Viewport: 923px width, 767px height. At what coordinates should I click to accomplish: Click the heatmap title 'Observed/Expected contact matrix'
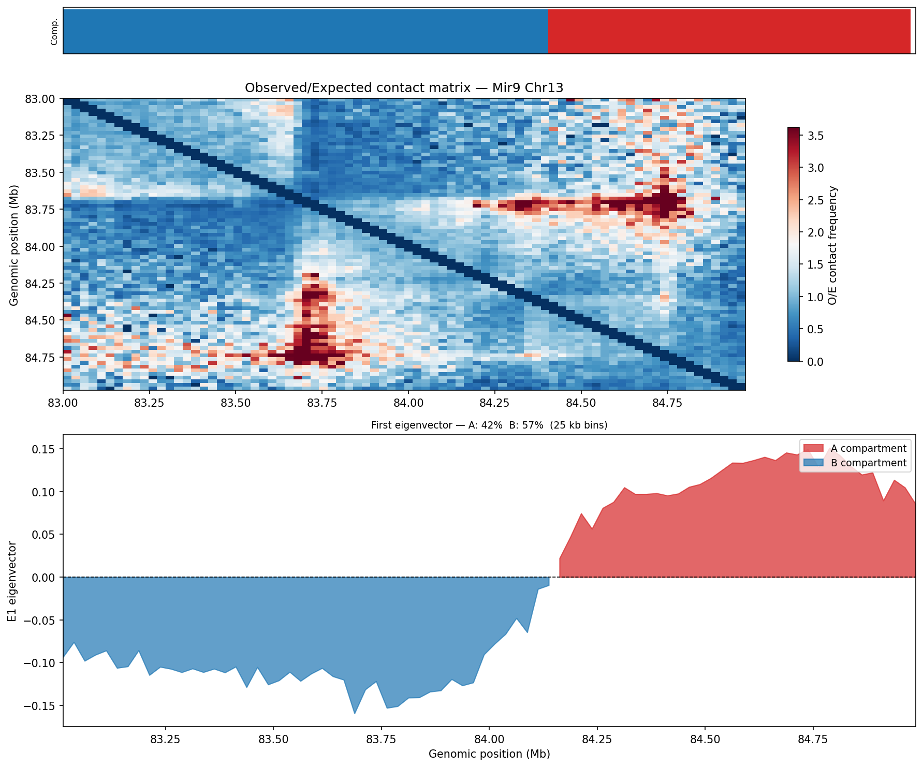point(404,88)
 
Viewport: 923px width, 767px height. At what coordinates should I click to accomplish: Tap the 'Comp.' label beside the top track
point(54,31)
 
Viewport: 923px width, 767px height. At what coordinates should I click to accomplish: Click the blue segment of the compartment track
point(305,31)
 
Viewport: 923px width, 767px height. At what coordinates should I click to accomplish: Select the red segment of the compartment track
point(729,31)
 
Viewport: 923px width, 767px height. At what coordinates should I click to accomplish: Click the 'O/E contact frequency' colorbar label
point(832,245)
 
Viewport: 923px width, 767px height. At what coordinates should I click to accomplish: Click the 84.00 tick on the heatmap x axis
point(408,403)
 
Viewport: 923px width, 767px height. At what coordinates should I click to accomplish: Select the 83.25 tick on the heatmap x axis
point(149,403)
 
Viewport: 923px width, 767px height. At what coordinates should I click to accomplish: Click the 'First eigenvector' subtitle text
point(489,425)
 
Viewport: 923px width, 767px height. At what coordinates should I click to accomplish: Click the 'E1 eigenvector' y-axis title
point(12,581)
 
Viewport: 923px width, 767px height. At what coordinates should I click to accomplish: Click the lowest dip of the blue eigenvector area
point(355,713)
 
